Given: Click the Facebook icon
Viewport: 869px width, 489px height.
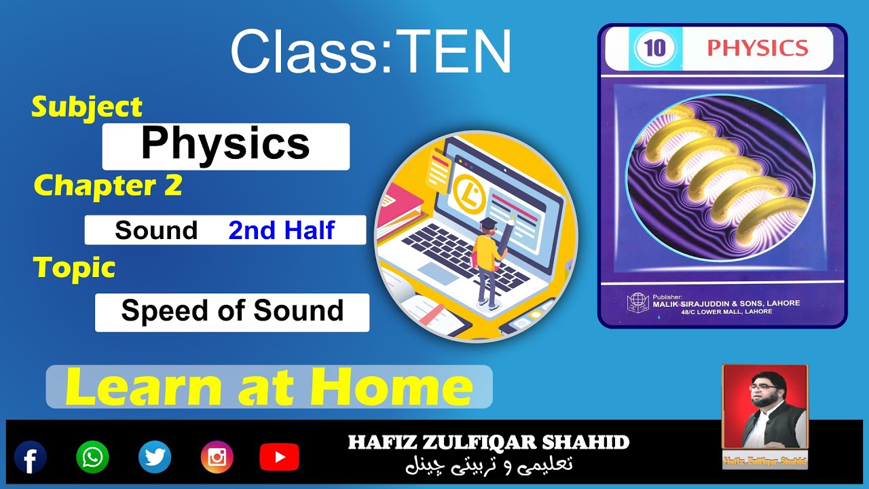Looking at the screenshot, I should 31,457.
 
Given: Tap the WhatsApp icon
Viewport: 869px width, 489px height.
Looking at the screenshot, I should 92,457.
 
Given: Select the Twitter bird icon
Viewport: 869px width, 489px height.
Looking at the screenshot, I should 155,457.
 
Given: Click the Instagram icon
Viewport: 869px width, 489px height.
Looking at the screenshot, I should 217,457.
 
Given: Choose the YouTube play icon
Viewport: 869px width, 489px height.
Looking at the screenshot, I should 279,457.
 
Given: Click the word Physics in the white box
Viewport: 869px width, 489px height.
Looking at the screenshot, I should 225,145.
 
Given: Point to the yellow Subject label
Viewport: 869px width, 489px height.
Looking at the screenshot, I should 87,107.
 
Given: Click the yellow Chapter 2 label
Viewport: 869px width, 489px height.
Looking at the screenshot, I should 108,185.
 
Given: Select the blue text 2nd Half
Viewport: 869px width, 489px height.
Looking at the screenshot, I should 281,230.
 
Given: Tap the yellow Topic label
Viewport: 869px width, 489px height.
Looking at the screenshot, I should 75,268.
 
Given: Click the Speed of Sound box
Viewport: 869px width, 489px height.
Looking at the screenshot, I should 232,311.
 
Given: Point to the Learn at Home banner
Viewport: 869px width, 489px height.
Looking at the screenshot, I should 269,387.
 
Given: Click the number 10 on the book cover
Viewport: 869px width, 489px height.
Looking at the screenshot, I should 655,49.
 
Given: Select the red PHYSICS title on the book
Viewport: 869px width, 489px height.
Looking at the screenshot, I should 758,48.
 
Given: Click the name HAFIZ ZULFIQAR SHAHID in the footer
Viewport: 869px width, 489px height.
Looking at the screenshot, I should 489,443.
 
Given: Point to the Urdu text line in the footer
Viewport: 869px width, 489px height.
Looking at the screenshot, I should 489,465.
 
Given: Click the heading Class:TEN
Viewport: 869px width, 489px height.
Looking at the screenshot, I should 371,52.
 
